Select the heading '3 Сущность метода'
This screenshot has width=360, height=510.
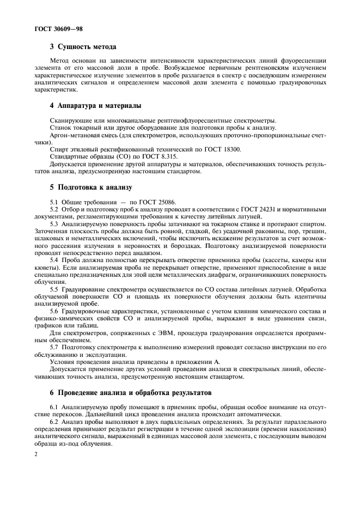click(x=83, y=47)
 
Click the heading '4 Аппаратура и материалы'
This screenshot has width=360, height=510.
click(x=96, y=105)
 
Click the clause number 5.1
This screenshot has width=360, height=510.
click(x=54, y=202)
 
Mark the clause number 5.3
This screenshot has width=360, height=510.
click(x=54, y=224)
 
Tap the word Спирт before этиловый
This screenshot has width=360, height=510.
click(x=59, y=149)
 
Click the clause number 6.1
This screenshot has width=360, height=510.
click(x=54, y=407)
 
